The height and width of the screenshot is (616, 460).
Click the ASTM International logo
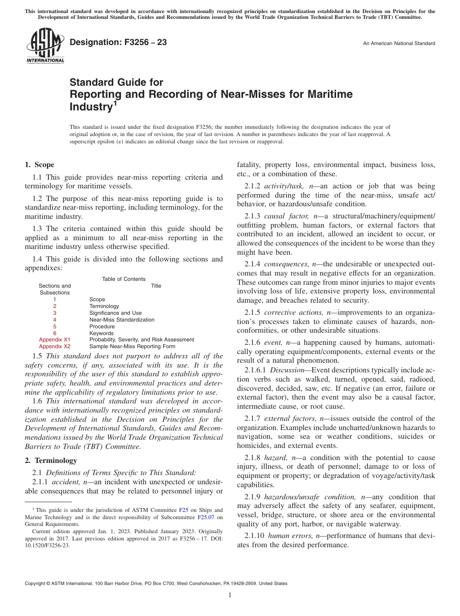point(45,46)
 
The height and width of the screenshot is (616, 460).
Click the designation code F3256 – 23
point(118,43)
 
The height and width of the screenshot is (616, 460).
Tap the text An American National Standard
point(399,44)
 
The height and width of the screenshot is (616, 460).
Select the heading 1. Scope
point(40,165)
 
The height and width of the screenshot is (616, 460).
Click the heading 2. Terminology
point(51,461)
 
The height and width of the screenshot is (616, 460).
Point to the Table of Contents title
point(123,279)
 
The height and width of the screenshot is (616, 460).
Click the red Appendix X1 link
point(55,340)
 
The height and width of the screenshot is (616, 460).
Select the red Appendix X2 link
point(55,347)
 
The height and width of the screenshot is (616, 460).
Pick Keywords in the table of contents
point(101,333)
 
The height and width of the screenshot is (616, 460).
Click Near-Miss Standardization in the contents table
point(122,320)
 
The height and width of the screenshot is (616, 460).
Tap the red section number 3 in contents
point(55,313)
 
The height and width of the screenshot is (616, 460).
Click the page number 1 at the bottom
point(230,595)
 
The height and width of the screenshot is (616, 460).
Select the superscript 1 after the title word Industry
point(115,103)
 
